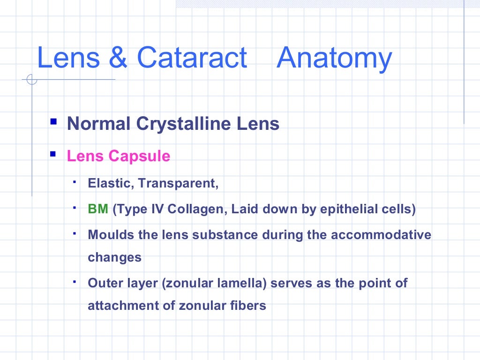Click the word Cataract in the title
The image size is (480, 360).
(x=192, y=58)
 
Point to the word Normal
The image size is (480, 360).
(x=98, y=124)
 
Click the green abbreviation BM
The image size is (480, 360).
(x=98, y=209)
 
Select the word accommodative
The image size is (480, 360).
(x=381, y=234)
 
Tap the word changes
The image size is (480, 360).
(x=114, y=257)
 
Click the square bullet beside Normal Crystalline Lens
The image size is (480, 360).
(x=54, y=123)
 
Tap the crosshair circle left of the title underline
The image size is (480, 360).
(x=32, y=80)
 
